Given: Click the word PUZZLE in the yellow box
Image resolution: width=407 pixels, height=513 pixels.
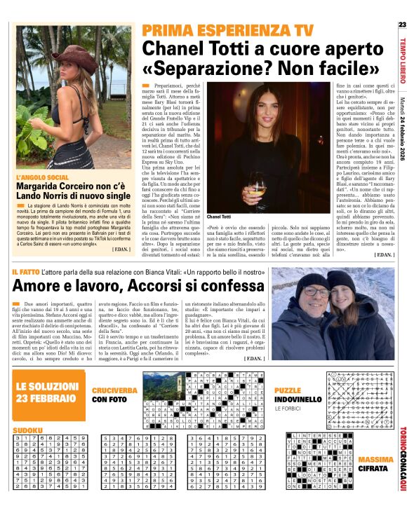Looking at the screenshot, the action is point(288,390).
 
